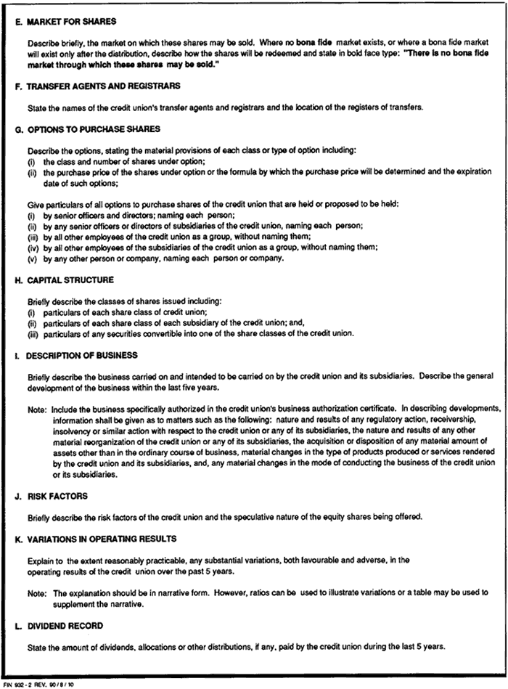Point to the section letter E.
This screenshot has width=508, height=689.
click(17, 23)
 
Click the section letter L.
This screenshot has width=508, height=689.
click(17, 624)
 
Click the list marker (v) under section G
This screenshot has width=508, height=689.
click(32, 258)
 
